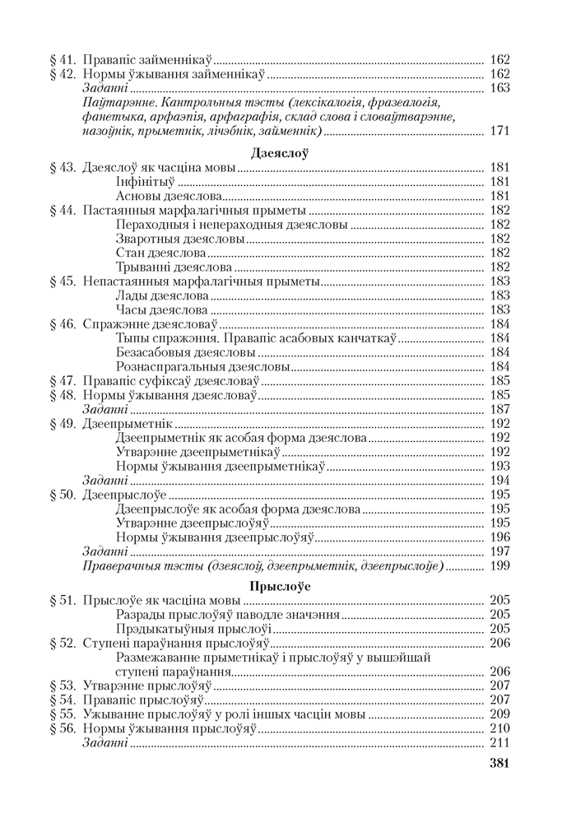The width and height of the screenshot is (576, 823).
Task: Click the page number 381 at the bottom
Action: point(499,763)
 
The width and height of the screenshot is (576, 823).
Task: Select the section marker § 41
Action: point(63,60)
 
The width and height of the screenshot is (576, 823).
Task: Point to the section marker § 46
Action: point(63,323)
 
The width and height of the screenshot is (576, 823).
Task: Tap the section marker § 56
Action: point(63,728)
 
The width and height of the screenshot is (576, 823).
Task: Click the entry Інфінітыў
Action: point(146,182)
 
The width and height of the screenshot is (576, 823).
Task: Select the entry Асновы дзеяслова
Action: point(169,197)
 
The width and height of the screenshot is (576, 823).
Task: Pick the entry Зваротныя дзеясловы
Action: point(181,239)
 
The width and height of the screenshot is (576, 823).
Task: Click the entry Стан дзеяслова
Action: point(161,253)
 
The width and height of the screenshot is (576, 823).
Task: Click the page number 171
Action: point(499,131)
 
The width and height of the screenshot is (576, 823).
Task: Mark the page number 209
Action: point(499,714)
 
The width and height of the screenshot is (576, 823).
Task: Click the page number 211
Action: point(499,743)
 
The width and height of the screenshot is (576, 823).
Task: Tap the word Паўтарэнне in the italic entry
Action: point(121,102)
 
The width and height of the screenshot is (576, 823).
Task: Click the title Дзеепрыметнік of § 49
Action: point(128,423)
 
